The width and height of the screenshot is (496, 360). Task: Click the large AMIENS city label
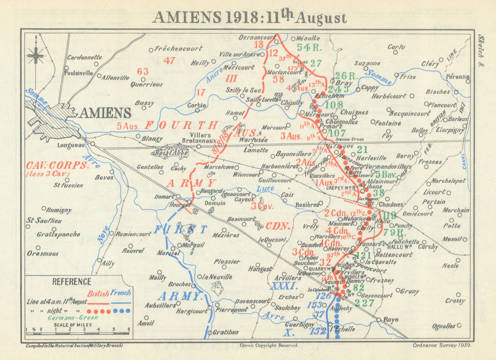tap(105, 113)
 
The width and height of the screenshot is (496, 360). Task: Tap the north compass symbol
tap(36, 55)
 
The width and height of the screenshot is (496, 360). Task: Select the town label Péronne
tap(457, 77)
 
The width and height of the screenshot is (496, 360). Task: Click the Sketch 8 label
tap(481, 50)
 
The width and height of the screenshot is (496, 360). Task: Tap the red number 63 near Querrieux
tap(142, 71)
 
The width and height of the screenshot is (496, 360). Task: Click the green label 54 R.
tap(310, 47)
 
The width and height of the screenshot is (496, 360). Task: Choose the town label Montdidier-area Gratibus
tap(227, 332)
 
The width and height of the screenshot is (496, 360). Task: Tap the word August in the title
tap(320, 18)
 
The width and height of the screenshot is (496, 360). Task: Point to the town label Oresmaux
tap(43, 253)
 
